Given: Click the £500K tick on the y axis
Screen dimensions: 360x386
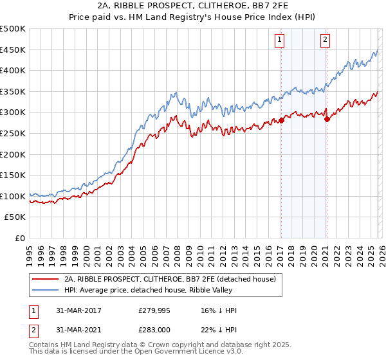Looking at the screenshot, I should pos(13,29).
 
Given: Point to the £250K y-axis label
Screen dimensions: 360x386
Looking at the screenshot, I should pos(13,134).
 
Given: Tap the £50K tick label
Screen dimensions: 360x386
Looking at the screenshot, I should pos(15,217).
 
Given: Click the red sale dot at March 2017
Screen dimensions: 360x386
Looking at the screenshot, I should pos(281,120).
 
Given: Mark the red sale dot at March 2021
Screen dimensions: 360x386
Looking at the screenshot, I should pos(327,119).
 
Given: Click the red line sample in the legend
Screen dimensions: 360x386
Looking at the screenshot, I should pos(45,279).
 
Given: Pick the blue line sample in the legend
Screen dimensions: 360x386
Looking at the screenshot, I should pos(45,290).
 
